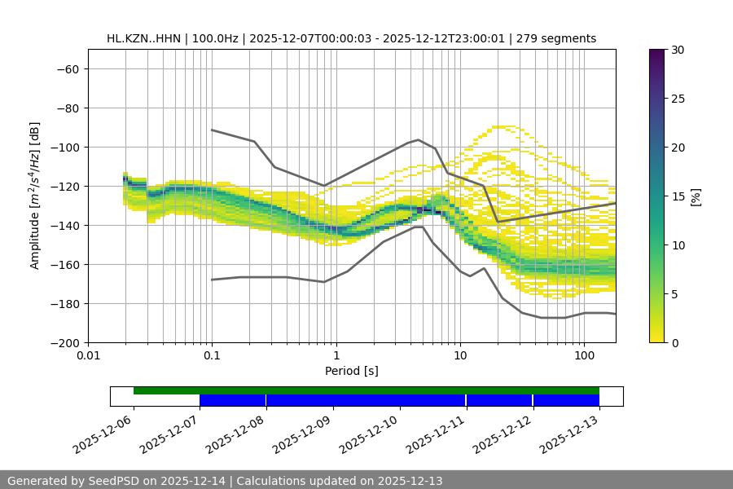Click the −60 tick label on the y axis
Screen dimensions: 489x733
pyautogui.click(x=66, y=68)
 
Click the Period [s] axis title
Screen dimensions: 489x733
pyautogui.click(x=351, y=371)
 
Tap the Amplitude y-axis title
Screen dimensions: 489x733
pyautogui.click(x=35, y=196)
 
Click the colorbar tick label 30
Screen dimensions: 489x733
pyautogui.click(x=678, y=50)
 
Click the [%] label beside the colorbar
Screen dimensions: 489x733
pyautogui.click(x=695, y=196)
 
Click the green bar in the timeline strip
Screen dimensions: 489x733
pyautogui.click(x=366, y=390)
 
